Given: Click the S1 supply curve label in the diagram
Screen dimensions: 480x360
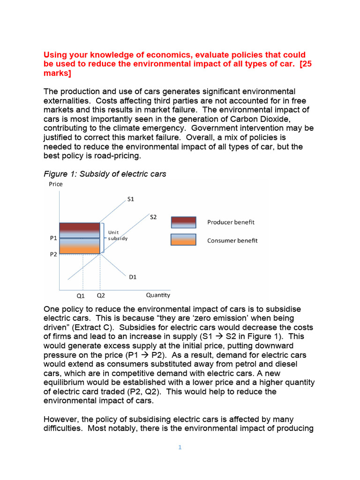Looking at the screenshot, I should (131, 199).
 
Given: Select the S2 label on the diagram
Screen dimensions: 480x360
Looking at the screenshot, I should (153, 217).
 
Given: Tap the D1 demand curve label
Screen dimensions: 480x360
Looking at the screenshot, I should (133, 277).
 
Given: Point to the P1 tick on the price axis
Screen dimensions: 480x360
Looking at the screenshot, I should (53, 238).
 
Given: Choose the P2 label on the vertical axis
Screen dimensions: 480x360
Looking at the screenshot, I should (53, 254).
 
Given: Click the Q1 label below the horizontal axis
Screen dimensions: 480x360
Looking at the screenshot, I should (81, 296).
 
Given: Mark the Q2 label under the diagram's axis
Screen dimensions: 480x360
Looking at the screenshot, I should (101, 296).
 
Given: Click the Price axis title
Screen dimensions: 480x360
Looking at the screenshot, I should (56, 184).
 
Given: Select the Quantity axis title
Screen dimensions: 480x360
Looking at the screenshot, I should (158, 295).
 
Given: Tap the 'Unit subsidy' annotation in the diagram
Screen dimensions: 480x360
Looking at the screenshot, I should (117, 235).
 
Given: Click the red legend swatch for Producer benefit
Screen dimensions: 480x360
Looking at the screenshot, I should (183, 222).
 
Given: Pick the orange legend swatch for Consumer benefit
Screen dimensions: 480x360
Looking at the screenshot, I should (183, 240).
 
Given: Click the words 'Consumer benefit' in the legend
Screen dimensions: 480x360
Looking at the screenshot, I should (232, 240).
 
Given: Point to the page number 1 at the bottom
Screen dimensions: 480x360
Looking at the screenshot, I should (180, 447).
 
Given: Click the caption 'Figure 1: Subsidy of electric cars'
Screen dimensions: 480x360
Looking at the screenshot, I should (105, 174).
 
